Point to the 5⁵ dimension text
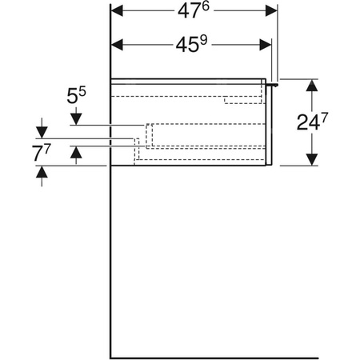coord(75,98)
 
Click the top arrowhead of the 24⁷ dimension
coord(310,84)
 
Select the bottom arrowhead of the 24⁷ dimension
coord(310,159)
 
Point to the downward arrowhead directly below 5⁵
coord(75,119)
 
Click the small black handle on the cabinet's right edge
coord(274,82)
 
